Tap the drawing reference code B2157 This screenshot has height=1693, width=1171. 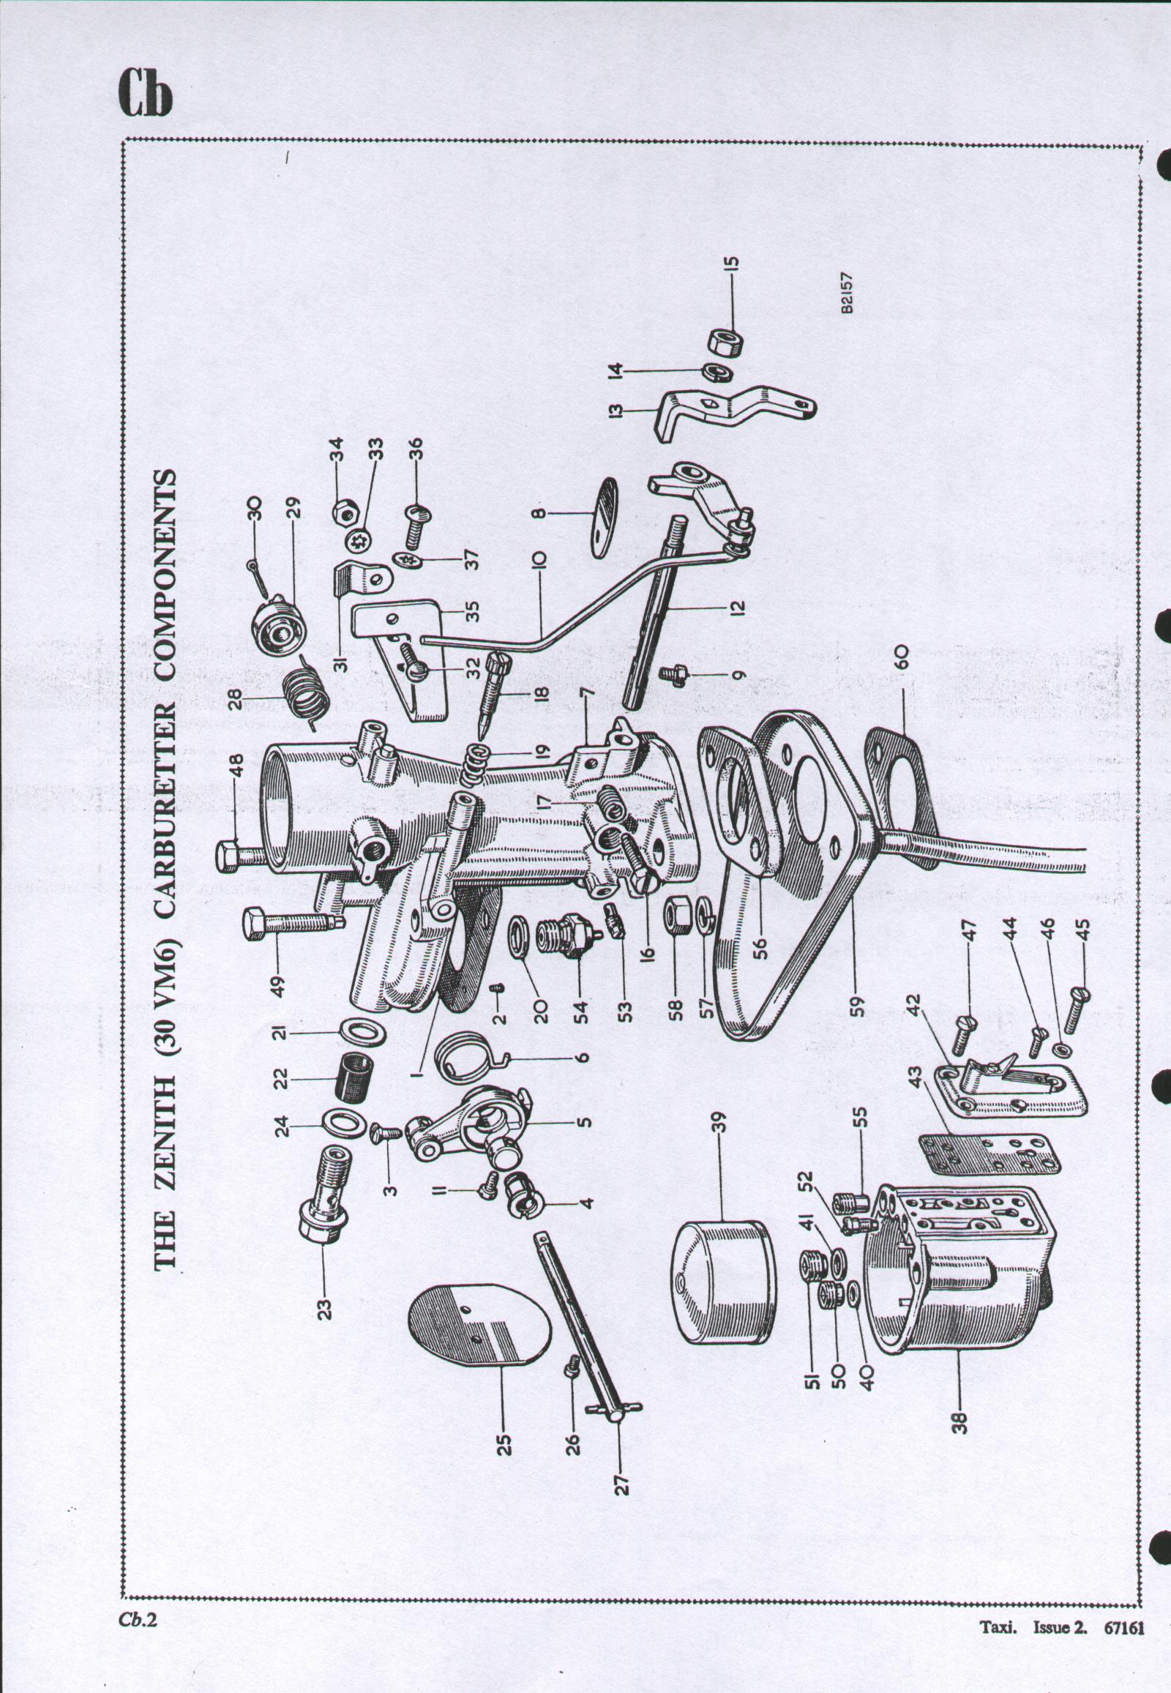(848, 294)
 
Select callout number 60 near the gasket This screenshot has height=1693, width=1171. (902, 654)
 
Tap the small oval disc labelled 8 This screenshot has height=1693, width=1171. (604, 517)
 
